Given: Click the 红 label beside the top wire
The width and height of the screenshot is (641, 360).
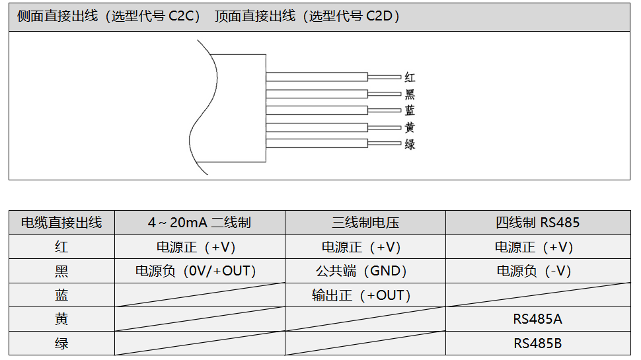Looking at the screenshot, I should tap(410, 77).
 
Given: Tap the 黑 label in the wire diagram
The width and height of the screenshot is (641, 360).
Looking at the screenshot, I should tap(410, 94).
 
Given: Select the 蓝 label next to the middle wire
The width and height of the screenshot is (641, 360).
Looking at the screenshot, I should tap(410, 110).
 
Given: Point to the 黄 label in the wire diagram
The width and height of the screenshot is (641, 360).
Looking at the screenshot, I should tap(410, 127).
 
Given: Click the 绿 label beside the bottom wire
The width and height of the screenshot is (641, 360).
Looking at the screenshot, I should tap(410, 144).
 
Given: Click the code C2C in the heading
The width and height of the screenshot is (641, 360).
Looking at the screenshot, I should tap(183, 17).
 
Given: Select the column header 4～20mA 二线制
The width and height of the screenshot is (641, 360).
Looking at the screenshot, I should tap(199, 223).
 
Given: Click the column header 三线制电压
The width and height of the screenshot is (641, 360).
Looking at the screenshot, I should tap(365, 223).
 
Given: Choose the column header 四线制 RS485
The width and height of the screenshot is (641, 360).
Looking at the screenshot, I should tap(537, 223).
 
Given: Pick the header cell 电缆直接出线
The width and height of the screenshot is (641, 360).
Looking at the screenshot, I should tap(61, 223).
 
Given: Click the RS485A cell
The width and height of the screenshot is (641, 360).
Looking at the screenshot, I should tap(537, 319).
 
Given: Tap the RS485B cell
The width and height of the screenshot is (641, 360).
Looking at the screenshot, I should tap(537, 343).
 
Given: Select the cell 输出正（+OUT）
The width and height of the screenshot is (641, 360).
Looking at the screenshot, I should tap(361, 295).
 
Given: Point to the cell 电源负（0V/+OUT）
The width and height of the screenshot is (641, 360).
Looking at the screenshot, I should tap(196, 271).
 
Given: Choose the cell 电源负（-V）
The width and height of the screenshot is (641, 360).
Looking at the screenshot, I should tap(534, 271).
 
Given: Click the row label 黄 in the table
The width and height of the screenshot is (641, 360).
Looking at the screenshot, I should tap(61, 319).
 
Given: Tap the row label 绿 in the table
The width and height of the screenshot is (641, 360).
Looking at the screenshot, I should tap(61, 343).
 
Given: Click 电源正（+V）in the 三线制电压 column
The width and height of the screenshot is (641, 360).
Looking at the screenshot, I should tap(361, 247).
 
